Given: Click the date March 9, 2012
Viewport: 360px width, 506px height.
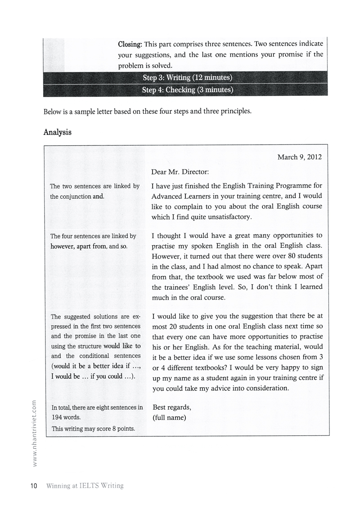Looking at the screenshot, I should click(x=299, y=157).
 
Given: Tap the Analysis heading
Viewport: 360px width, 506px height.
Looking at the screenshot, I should click(x=58, y=133).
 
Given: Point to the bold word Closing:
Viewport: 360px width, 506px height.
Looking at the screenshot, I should click(x=130, y=45).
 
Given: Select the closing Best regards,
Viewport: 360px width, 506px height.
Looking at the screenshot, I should click(x=172, y=407).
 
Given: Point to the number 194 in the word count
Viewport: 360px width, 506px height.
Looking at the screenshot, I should click(x=58, y=417).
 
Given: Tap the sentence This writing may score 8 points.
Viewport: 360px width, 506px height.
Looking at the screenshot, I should click(x=93, y=429).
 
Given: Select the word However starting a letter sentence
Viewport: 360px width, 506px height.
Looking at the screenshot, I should click(x=166, y=259).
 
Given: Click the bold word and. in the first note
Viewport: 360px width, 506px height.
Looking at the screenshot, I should click(x=98, y=196).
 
